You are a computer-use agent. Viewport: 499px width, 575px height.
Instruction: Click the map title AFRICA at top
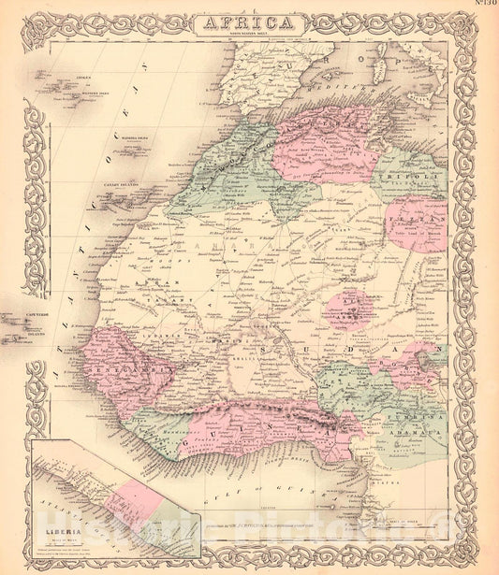pos(249,22)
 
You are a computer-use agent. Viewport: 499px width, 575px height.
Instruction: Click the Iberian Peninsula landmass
pos(272,70)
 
